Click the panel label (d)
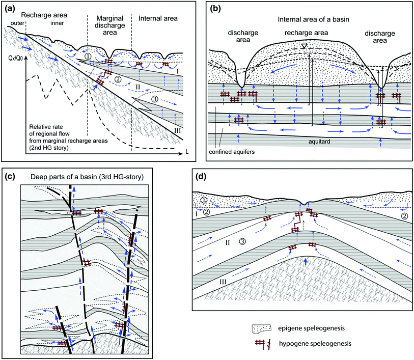(201, 177)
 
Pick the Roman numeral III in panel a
(176, 131)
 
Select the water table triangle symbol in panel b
(303, 46)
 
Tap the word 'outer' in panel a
(13, 22)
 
